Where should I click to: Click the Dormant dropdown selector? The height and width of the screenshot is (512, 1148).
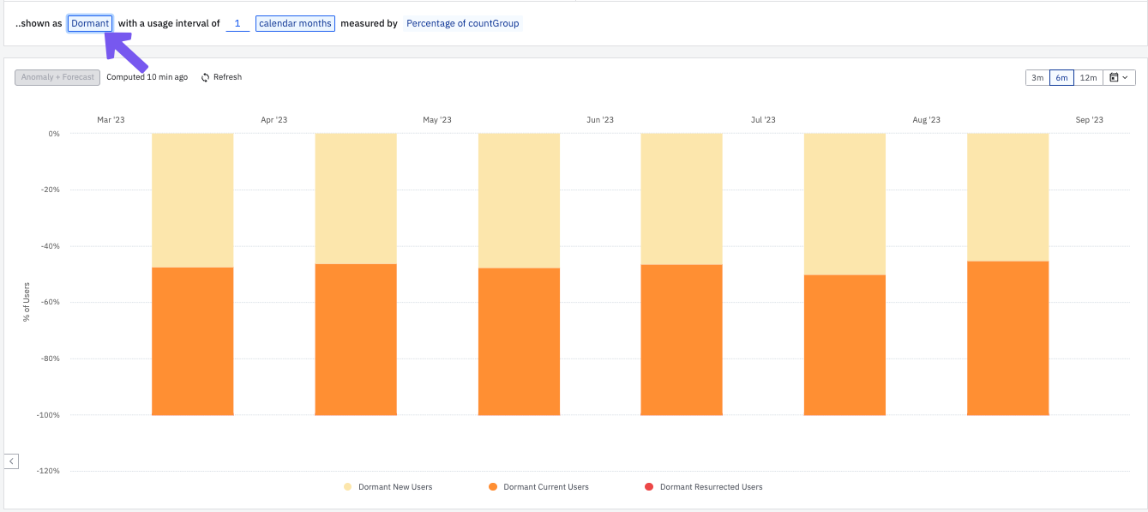point(90,23)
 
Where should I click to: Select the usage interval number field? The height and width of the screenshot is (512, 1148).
point(237,23)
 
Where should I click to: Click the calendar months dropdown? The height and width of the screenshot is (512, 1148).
point(295,23)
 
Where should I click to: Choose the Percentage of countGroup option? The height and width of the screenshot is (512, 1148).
point(463,23)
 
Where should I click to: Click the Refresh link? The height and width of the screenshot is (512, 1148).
point(221,77)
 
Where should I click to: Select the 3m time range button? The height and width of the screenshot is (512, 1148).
point(1037,78)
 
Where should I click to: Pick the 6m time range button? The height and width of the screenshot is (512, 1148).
point(1061,78)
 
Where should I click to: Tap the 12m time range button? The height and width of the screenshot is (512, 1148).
point(1088,78)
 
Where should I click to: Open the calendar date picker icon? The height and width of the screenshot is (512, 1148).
point(1119,78)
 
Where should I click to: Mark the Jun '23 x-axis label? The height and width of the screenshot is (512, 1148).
point(600,120)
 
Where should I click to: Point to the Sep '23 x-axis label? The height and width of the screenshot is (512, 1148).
point(1089,120)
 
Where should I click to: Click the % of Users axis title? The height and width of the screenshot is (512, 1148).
point(27,302)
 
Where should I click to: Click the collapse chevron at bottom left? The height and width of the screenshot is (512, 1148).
point(11,461)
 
